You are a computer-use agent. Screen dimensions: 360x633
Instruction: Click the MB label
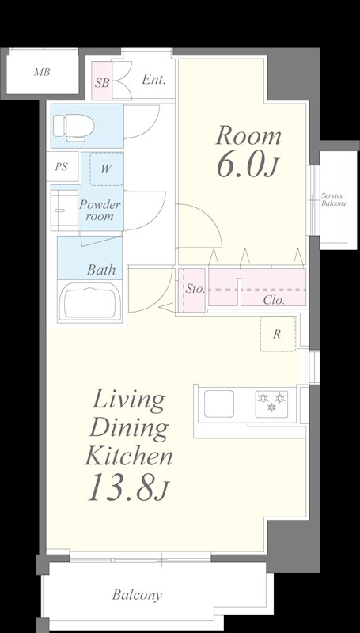[42, 73]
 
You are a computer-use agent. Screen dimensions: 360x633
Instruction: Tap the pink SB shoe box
[102, 81]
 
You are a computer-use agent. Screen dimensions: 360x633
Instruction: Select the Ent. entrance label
[153, 80]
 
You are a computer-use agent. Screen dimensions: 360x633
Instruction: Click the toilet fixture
[74, 127]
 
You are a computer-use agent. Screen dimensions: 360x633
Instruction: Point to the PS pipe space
[62, 166]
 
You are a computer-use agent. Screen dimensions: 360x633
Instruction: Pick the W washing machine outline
[107, 169]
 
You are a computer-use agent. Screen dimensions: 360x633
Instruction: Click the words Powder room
[100, 210]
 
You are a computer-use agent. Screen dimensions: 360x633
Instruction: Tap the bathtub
[89, 301]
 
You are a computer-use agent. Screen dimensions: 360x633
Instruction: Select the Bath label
[101, 270]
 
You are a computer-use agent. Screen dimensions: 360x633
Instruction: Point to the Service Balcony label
[333, 200]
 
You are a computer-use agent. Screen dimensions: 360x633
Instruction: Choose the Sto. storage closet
[191, 290]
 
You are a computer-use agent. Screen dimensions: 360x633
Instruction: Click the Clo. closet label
[274, 300]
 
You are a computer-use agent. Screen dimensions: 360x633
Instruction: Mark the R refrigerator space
[278, 334]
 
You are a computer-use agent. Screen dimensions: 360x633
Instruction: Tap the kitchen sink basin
[218, 404]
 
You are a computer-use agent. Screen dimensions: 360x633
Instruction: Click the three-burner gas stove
[271, 404]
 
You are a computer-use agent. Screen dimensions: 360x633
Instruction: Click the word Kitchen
[129, 456]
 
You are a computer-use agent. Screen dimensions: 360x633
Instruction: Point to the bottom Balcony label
[137, 595]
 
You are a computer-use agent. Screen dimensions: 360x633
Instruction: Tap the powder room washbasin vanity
[65, 210]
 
